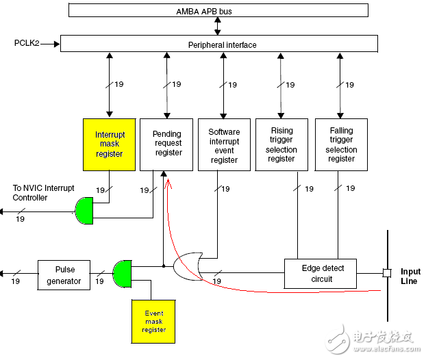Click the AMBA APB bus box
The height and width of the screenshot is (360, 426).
pos(218,11)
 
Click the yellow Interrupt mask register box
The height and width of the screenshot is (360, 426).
pos(109,144)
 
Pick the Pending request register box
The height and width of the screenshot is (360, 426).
pos(168,144)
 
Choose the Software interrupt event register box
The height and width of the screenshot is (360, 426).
pos(225,145)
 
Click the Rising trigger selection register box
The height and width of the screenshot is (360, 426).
pos(281,144)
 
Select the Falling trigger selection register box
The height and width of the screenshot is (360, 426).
pos(340,144)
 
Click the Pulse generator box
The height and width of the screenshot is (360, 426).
pos(64,275)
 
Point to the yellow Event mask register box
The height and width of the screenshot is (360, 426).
pos(154,320)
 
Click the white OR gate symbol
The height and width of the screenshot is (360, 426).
pos(188,266)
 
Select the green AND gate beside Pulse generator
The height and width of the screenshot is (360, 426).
pos(123,274)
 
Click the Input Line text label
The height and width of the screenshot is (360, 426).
pos(410,276)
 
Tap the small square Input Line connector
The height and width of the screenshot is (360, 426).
pos(387,273)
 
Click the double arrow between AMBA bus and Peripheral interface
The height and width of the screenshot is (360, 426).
pos(218,26)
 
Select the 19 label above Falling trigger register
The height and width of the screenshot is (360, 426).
pos(349,85)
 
